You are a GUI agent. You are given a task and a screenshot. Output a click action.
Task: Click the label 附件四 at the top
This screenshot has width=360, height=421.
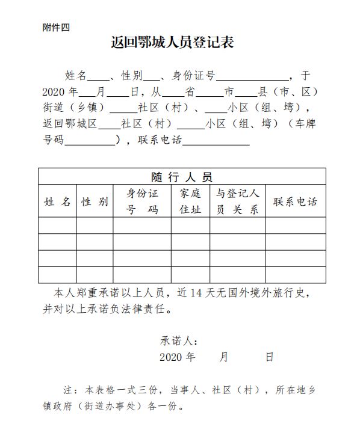[x=57, y=27]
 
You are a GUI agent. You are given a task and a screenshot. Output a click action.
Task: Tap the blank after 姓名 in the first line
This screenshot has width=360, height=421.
[x=99, y=76]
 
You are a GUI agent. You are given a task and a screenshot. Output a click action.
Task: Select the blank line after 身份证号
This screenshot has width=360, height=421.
[x=252, y=76]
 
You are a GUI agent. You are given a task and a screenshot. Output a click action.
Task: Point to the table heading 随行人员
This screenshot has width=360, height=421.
[x=182, y=176]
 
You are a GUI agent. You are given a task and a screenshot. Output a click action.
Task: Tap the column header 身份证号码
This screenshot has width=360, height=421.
[x=141, y=201]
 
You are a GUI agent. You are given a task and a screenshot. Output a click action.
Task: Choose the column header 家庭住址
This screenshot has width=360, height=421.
[x=190, y=201]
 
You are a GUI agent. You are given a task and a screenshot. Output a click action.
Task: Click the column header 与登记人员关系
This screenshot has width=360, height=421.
[x=237, y=201]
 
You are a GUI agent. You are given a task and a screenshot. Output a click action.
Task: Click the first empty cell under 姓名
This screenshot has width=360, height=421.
[x=57, y=226]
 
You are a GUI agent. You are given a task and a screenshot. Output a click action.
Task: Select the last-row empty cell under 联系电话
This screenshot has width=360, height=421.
[x=295, y=275]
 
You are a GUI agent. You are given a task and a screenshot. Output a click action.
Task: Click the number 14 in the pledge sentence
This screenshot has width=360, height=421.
[x=196, y=294]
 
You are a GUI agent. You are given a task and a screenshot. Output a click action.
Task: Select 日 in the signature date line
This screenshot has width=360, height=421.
[x=269, y=357]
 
